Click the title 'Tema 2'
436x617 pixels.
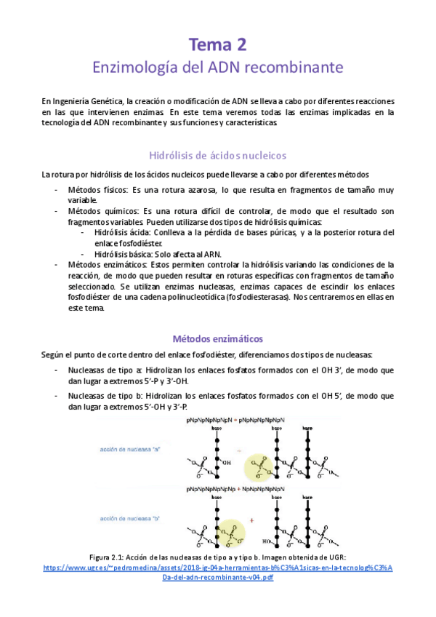coord(217,45)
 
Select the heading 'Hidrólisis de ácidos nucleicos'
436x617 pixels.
coord(217,155)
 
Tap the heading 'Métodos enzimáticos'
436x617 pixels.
coord(217,339)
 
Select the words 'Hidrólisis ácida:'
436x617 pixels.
coord(124,232)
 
